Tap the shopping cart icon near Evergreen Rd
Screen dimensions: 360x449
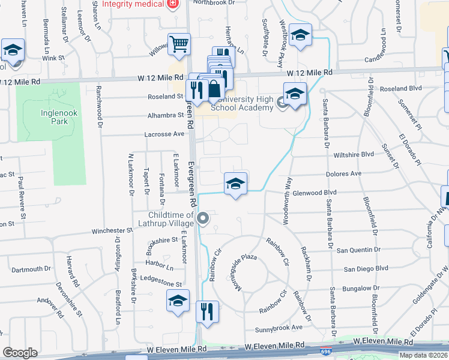178,43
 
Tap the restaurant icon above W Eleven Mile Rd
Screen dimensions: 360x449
207,312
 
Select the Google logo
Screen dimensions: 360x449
20,353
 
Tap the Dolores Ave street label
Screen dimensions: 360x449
343,173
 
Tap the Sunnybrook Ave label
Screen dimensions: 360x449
279,328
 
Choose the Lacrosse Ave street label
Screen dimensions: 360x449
164,134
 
